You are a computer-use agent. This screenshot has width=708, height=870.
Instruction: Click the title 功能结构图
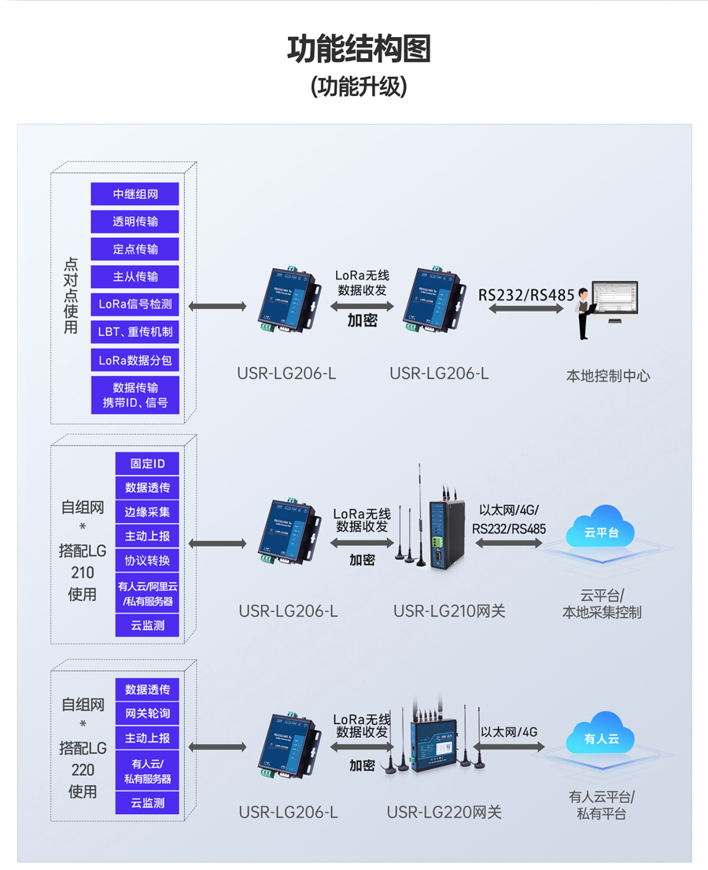359,49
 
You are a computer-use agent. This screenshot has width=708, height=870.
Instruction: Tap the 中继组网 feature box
135,194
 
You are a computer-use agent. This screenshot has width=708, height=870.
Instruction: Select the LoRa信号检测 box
135,304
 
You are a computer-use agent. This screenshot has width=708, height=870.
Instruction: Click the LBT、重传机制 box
135,332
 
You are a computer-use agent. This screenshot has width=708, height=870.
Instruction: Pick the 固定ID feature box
147,463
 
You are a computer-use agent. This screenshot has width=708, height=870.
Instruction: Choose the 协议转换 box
147,561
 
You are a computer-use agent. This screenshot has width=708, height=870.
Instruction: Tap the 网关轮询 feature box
147,713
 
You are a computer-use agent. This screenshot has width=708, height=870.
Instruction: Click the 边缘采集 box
147,512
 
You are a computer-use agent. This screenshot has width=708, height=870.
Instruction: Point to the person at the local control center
583,313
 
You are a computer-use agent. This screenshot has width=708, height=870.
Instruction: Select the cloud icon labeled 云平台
600,529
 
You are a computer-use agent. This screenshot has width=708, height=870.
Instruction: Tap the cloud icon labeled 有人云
600,735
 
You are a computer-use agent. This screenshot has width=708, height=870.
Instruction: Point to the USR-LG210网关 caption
449,611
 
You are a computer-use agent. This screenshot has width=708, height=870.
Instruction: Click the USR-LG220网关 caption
444,813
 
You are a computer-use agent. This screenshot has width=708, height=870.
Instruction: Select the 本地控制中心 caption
608,376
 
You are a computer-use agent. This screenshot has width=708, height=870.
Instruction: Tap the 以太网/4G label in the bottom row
508,732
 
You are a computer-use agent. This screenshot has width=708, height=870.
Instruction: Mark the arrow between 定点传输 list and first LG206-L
217,305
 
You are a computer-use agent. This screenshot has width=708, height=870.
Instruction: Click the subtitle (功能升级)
359,87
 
